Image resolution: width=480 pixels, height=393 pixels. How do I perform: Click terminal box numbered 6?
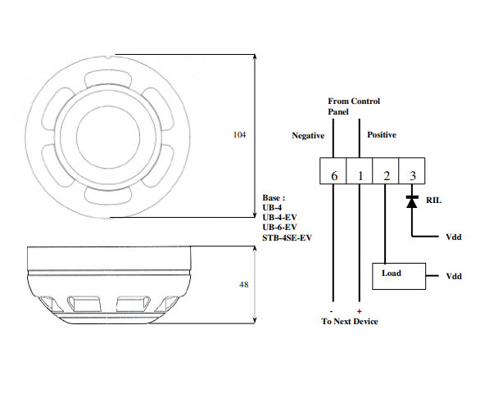[333, 171]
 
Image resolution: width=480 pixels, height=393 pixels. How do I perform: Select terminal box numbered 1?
[360, 171]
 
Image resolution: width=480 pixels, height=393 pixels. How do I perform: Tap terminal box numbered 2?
[386, 171]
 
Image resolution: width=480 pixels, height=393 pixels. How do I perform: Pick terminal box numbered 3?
[412, 171]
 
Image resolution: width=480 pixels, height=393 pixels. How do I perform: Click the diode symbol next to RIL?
[412, 201]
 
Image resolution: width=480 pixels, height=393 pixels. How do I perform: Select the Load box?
[399, 276]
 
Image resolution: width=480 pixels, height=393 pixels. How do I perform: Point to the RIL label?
[434, 201]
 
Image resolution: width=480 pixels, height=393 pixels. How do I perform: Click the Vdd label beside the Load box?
[454, 276]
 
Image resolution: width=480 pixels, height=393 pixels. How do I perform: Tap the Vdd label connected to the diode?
[454, 237]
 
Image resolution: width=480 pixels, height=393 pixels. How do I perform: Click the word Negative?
[308, 135]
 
